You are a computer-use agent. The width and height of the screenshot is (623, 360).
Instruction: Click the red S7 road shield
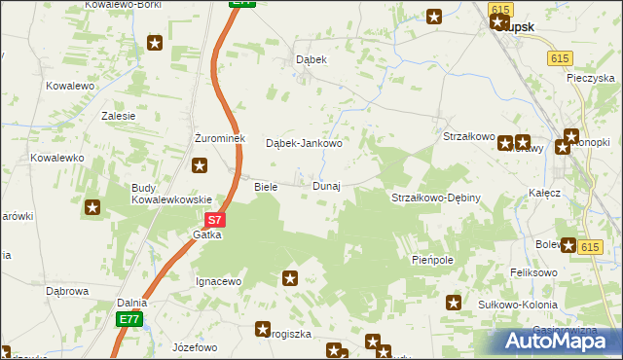(215, 221)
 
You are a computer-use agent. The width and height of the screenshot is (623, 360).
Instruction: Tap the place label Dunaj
(326, 186)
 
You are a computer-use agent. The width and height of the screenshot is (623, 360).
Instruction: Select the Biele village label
(266, 186)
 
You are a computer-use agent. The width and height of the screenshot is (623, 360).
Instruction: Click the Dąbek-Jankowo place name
(305, 143)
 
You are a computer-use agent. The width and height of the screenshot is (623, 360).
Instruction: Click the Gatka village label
(206, 234)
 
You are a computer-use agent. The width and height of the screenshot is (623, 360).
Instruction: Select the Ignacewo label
(218, 281)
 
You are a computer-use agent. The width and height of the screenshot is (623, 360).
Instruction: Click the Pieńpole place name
(433, 261)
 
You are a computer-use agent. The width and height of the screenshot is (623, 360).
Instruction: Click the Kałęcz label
(546, 193)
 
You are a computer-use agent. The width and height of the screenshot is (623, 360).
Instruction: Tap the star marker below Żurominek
(201, 165)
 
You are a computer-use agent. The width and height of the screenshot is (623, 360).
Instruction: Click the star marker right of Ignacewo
(290, 278)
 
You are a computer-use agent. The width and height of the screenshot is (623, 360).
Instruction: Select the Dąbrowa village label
(68, 290)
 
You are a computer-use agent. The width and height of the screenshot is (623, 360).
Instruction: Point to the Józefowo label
(194, 346)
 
